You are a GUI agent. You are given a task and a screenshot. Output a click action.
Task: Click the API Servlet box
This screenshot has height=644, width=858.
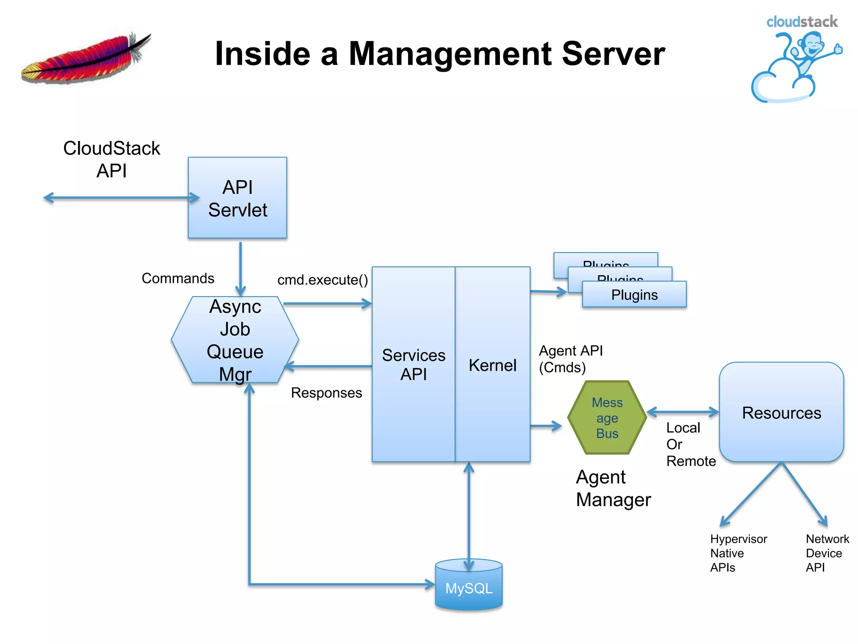[x=237, y=198]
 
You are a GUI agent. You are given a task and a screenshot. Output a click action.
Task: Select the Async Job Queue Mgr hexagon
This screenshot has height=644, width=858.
[x=235, y=340]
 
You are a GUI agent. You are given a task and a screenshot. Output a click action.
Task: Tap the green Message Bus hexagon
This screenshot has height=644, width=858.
[x=607, y=418]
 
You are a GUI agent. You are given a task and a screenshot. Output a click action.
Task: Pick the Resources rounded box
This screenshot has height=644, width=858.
[x=781, y=413]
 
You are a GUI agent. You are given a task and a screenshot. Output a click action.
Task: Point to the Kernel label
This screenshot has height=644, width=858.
[x=492, y=365]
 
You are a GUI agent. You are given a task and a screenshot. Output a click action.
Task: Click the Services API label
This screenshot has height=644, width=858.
[x=413, y=364]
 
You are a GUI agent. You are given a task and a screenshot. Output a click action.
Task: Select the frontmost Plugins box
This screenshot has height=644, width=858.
[x=634, y=295]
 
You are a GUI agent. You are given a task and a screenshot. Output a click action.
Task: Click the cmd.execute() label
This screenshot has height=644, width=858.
[x=323, y=280]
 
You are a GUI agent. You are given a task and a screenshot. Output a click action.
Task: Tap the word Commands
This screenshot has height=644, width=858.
[x=178, y=278]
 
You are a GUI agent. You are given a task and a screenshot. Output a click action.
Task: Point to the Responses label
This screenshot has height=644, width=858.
[x=326, y=393]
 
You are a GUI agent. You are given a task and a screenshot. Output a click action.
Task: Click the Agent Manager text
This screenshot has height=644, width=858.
[x=613, y=488]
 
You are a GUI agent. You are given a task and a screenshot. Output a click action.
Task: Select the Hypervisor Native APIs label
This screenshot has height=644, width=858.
[x=738, y=553]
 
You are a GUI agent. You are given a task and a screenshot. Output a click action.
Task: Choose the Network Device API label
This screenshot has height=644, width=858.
[x=827, y=553]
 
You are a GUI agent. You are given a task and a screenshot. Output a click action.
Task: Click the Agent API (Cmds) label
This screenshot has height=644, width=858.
[x=570, y=359]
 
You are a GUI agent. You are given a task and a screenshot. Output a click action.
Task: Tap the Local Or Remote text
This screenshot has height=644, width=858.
[x=690, y=444]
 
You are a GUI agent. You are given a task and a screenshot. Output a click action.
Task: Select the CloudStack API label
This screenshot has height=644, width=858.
[x=111, y=159]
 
